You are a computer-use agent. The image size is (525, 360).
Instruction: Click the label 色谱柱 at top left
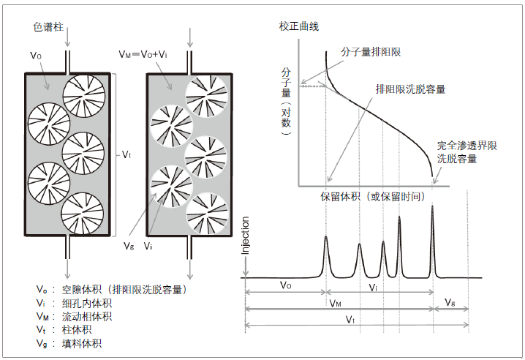49,27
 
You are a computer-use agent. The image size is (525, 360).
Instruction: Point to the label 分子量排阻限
371,52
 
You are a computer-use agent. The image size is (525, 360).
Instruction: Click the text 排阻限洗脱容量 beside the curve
410,89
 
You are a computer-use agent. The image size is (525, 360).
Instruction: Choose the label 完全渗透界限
467,146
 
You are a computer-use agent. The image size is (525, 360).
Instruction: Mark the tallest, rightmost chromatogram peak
432,209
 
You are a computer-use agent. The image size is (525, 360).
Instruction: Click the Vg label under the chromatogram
450,300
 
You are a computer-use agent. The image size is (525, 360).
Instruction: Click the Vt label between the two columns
126,154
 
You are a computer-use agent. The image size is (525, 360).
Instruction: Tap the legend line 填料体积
80,342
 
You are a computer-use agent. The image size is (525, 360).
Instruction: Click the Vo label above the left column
35,56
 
